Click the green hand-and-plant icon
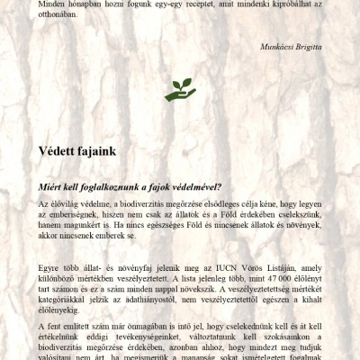(x=180, y=88)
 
